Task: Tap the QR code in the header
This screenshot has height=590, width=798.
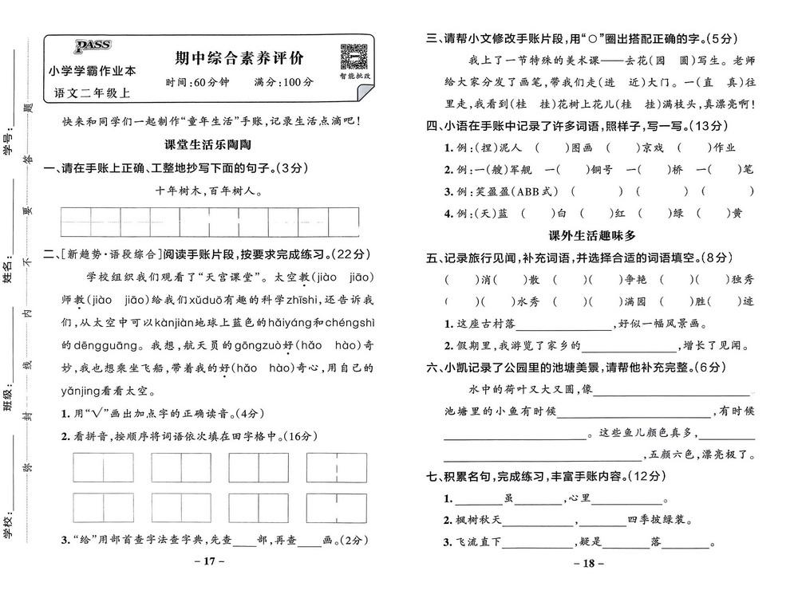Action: (353, 58)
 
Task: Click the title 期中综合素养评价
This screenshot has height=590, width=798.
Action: (239, 59)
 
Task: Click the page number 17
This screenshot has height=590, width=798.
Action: (210, 561)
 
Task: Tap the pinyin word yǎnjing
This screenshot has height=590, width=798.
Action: (86, 391)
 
